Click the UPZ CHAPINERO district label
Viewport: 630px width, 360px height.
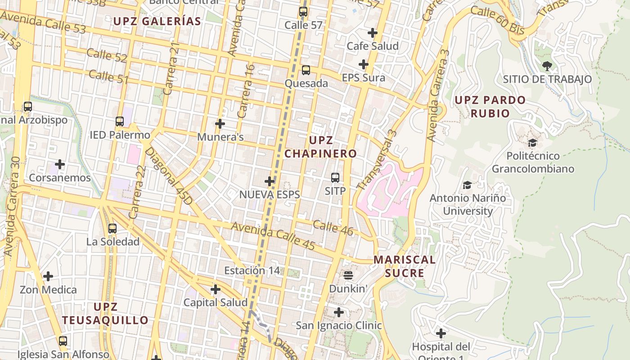320,147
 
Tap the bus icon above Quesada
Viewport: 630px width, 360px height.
306,70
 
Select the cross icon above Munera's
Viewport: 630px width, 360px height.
220,123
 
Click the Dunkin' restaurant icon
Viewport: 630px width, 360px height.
348,275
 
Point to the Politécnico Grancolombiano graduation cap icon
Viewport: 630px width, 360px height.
533,143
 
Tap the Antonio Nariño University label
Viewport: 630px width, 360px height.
468,204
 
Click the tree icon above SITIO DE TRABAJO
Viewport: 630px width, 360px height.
547,66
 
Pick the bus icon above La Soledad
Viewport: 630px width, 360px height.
112,229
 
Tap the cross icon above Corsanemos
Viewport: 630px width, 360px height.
59,164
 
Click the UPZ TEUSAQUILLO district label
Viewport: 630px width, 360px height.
105,314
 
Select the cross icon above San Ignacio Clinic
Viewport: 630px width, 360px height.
339,312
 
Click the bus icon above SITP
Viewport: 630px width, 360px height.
335,178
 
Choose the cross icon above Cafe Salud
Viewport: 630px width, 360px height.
373,33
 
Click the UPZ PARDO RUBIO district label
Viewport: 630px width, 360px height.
490,106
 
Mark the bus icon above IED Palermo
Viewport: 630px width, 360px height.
120,121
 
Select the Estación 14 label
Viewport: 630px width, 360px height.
252,270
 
